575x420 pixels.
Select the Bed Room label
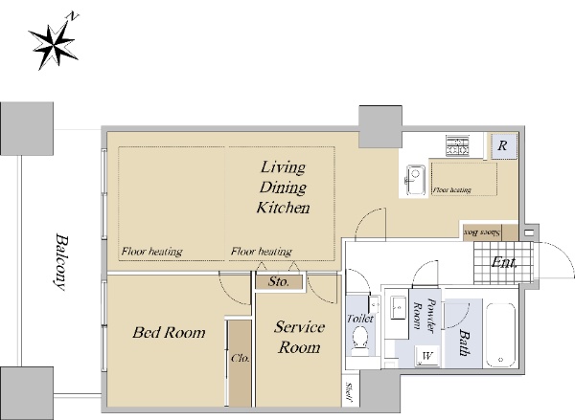point(169,333)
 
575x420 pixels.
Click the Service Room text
point(299,337)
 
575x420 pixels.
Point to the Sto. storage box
point(279,281)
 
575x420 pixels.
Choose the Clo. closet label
point(241,358)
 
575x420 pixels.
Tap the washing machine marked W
point(427,355)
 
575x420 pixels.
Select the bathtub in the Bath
point(500,335)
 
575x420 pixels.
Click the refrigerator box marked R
point(504,146)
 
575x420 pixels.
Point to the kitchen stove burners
point(458,145)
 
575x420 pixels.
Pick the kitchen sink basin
point(416,180)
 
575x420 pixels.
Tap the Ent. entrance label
point(504,262)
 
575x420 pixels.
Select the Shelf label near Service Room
point(349,392)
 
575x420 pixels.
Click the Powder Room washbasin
point(399,307)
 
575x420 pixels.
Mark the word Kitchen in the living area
point(283,208)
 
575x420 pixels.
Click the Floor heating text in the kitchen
point(451,190)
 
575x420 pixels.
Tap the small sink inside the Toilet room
point(375,303)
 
